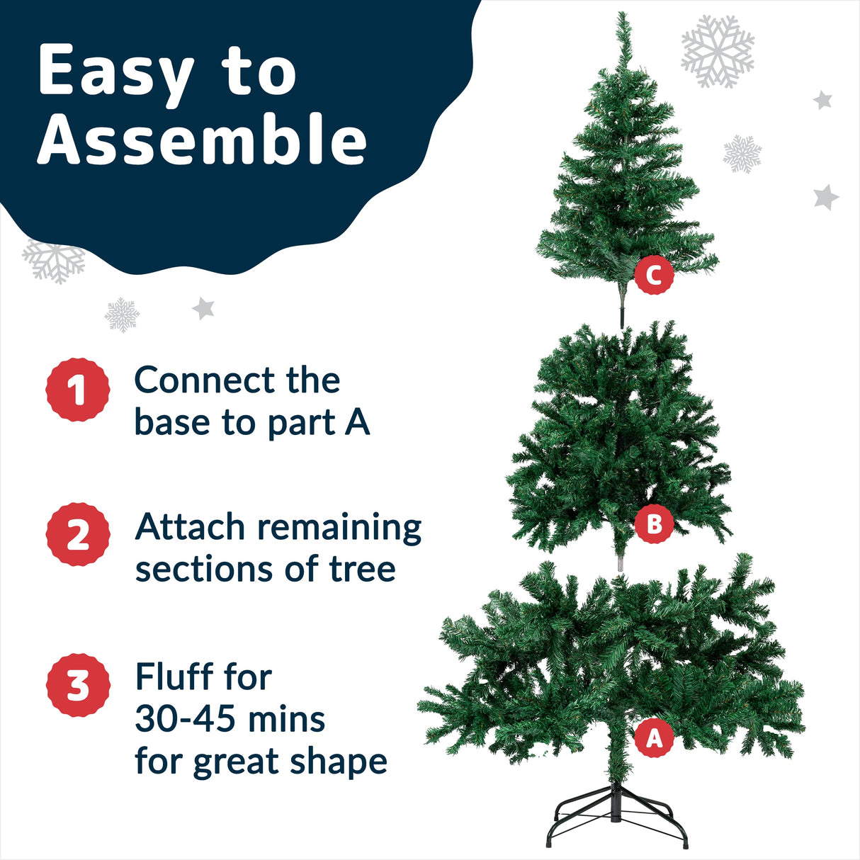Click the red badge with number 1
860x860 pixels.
[x=78, y=390]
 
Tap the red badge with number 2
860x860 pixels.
[x=78, y=535]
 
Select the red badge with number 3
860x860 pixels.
[x=78, y=685]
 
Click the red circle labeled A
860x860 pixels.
[x=654, y=738]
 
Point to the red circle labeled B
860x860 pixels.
[x=654, y=524]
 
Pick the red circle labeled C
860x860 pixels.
[x=654, y=275]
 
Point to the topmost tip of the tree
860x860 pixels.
[x=622, y=16]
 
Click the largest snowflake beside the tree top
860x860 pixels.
[x=717, y=51]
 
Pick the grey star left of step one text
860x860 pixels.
[x=203, y=308]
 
